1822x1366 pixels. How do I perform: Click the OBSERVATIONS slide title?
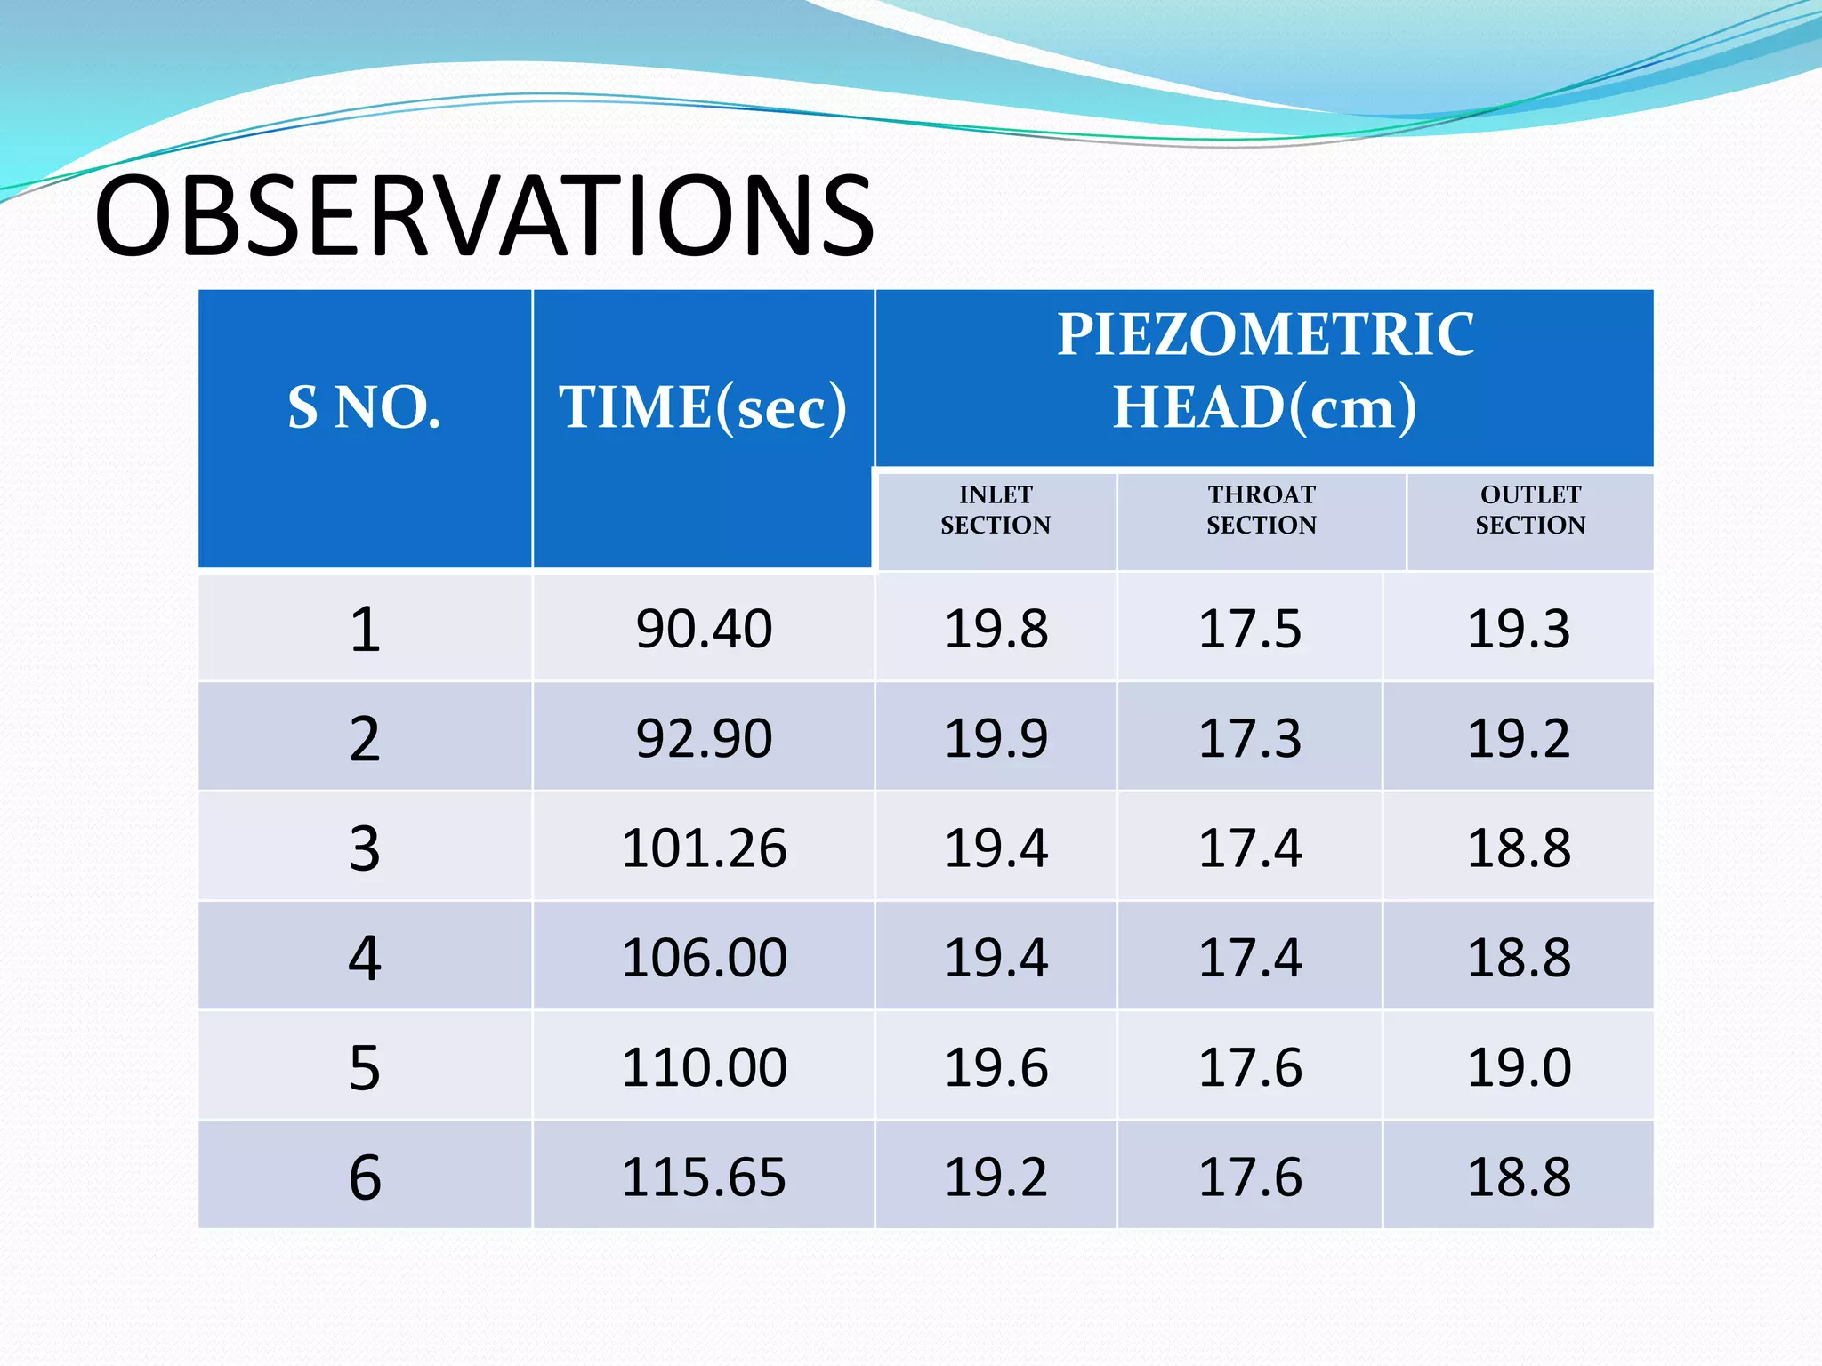pyautogui.click(x=485, y=216)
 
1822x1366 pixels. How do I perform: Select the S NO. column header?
pyautogui.click(x=364, y=408)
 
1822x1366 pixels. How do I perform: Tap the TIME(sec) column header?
pyautogui.click(x=703, y=408)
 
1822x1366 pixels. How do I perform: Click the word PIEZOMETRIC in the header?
pyautogui.click(x=1265, y=335)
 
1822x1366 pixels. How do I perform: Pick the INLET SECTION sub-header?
pyautogui.click(x=996, y=510)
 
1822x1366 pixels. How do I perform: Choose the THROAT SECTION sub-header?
pyautogui.click(x=1261, y=510)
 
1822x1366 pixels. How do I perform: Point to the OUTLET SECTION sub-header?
pyautogui.click(x=1530, y=510)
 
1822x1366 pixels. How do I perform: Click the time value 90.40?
pyautogui.click(x=704, y=629)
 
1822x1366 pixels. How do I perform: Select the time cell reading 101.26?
pyautogui.click(x=704, y=848)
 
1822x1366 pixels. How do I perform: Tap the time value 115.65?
pyautogui.click(x=704, y=1177)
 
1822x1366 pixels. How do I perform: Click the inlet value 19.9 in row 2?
pyautogui.click(x=996, y=738)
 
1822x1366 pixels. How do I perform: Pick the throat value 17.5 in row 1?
pyautogui.click(x=1250, y=629)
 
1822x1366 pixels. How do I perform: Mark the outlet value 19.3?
pyautogui.click(x=1519, y=629)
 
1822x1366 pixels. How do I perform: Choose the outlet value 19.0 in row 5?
pyautogui.click(x=1519, y=1067)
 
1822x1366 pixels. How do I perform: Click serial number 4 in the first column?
pyautogui.click(x=365, y=958)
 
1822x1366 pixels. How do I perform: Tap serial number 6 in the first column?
pyautogui.click(x=365, y=1177)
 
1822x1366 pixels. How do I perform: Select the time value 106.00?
pyautogui.click(x=704, y=958)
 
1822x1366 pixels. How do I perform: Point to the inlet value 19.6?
pyautogui.click(x=996, y=1067)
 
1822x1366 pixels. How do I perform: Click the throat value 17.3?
pyautogui.click(x=1250, y=738)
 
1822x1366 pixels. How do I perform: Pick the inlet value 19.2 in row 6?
pyautogui.click(x=996, y=1177)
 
